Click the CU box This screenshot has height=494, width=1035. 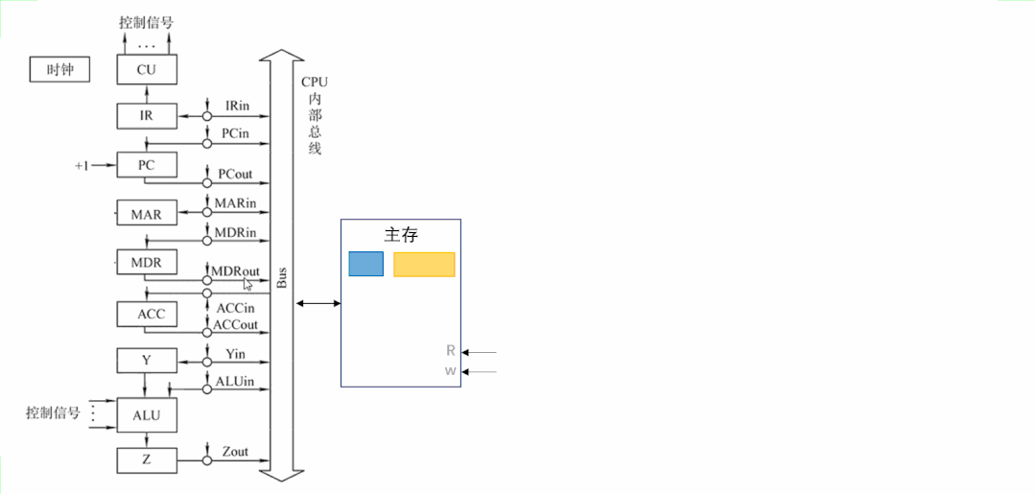pos(147,69)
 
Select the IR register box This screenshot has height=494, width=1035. pos(147,116)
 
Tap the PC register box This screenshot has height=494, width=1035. pos(147,165)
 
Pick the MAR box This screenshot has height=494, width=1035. pos(147,214)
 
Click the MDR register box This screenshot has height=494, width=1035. pos(147,262)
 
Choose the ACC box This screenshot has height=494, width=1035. pos(147,314)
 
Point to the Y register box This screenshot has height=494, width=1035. pos(147,361)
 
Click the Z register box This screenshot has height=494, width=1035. pos(147,459)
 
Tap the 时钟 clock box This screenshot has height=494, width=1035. pos(59,69)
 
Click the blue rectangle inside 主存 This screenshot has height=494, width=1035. pos(365,264)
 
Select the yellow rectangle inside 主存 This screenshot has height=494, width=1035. pos(424,264)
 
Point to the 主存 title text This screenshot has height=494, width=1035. pos(401,234)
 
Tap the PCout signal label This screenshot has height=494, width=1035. pos(236,174)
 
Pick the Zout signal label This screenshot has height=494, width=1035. pos(235,451)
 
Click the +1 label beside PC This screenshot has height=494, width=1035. pos(82,166)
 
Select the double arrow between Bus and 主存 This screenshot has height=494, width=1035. pos(318,303)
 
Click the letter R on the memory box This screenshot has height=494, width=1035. pos(451,351)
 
